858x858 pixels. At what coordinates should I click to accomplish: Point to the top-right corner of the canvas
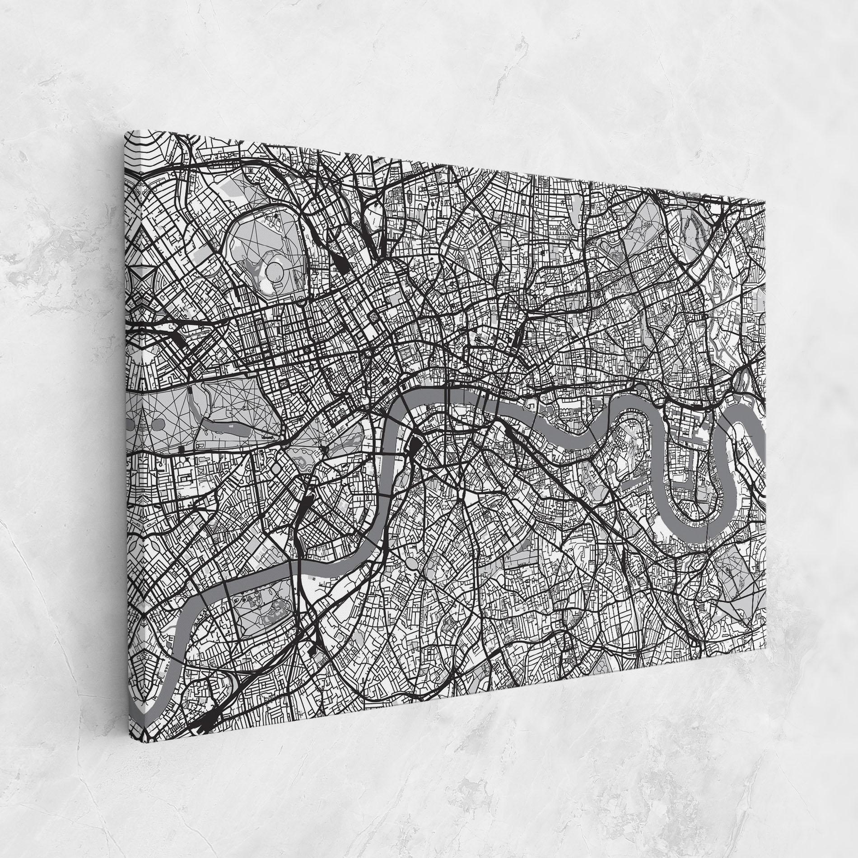pyautogui.click(x=765, y=201)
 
